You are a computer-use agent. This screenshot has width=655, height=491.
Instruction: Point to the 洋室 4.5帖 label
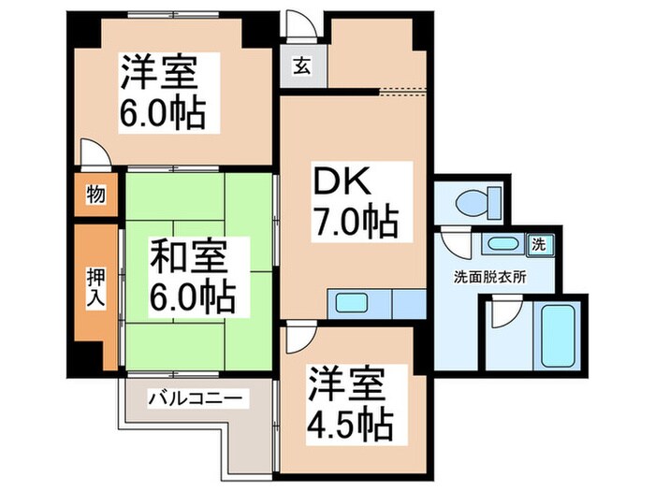click(x=348, y=404)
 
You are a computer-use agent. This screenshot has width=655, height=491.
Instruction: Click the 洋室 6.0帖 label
click(x=167, y=93)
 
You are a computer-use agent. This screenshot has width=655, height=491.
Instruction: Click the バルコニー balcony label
click(x=196, y=399)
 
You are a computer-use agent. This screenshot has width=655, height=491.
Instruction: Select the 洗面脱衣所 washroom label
click(x=489, y=277)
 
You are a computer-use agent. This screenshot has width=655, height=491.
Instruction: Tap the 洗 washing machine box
click(x=540, y=244)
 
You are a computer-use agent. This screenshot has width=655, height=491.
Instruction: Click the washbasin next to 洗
click(x=502, y=245)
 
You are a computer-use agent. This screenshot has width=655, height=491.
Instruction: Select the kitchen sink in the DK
click(x=354, y=303)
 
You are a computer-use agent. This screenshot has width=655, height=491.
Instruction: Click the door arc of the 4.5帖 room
click(x=299, y=337)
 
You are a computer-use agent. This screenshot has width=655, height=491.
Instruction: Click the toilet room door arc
click(x=454, y=246)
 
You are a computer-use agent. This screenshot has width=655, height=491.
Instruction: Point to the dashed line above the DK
click(x=402, y=91)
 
